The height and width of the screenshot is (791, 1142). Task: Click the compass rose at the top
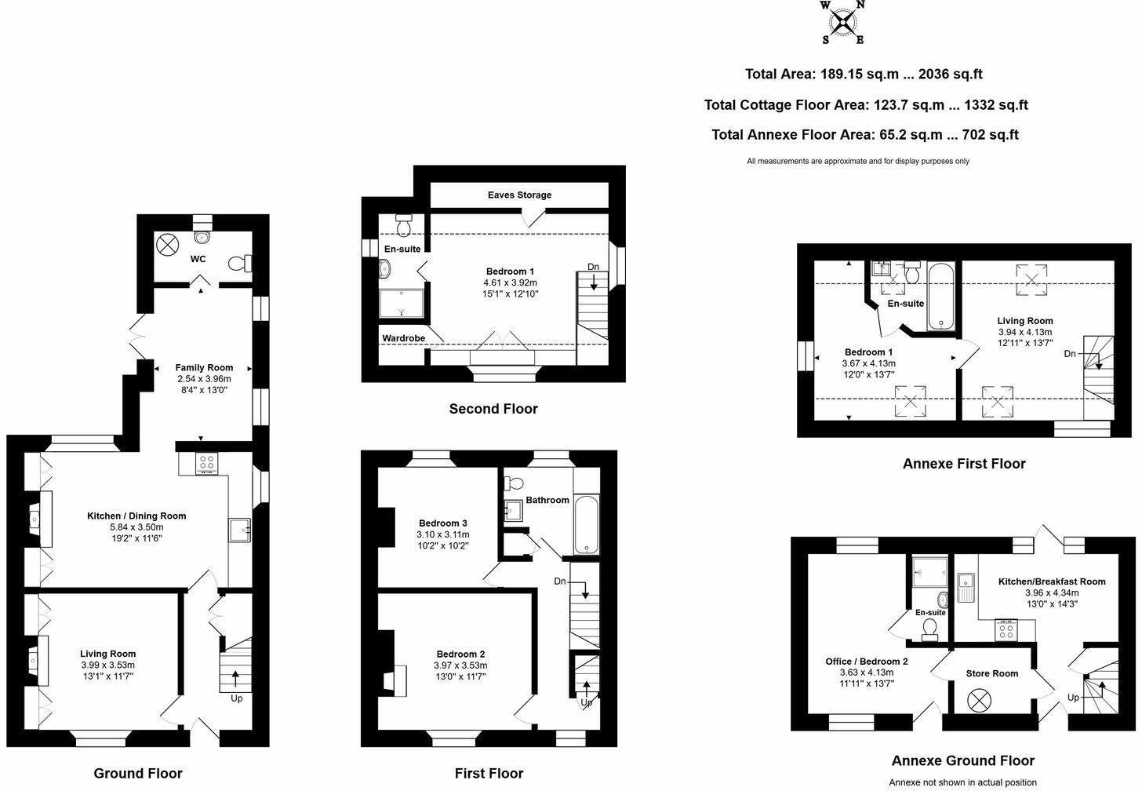[842, 22]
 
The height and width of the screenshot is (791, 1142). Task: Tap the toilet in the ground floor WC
[238, 264]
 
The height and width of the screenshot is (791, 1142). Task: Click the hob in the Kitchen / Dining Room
[206, 464]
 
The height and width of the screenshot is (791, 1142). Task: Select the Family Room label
[204, 367]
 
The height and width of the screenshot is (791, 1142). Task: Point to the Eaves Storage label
[519, 195]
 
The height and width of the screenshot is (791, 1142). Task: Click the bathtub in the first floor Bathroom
[586, 525]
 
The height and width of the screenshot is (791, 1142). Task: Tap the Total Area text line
[863, 75]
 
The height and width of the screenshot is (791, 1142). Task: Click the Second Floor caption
[493, 409]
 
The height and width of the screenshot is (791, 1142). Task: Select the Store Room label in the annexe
[991, 673]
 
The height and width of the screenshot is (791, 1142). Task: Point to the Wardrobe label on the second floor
[403, 338]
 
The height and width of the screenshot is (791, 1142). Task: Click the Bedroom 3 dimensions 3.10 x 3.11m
[442, 534]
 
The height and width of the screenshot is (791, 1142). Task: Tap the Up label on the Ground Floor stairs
[236, 698]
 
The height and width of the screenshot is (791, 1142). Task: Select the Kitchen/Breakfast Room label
[1051, 581]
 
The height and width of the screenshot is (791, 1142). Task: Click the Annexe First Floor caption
[963, 464]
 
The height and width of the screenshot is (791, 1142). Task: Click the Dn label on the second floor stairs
[593, 267]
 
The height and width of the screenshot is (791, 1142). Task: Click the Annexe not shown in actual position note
[962, 782]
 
